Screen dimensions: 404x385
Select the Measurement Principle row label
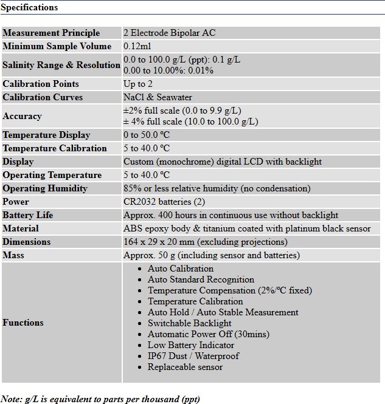coord(51,33)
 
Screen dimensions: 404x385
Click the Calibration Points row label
coord(41,84)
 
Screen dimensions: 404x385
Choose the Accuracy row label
coord(22,116)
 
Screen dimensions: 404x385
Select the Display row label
coord(18,162)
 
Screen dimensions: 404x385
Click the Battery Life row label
coord(28,215)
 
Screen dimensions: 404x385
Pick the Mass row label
coord(13,255)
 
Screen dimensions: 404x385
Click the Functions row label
coord(23,323)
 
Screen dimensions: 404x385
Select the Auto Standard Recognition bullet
coord(201,279)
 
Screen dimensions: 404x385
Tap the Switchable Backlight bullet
coord(189,323)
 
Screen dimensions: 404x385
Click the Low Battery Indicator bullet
coord(190,345)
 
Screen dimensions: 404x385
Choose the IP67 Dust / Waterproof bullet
coord(193,356)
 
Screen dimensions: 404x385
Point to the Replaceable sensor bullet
coord(185,367)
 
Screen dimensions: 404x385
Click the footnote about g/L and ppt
coord(100,399)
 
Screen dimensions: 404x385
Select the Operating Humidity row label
coord(45,188)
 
